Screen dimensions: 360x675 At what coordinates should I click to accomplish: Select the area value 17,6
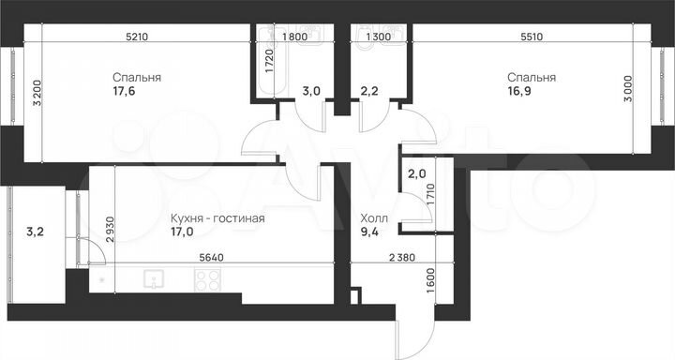[124, 92]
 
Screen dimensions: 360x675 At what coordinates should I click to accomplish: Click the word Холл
[373, 217]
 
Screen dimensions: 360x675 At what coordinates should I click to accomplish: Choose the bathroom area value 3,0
[311, 92]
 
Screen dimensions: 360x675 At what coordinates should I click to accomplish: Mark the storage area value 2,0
[415, 174]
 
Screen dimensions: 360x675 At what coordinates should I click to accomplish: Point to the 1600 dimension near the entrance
[430, 281]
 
